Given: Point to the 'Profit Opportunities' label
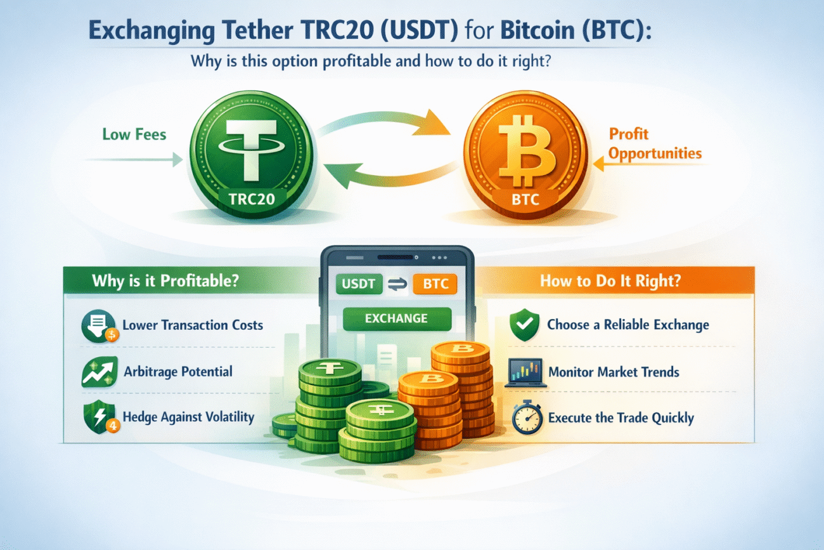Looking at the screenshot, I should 655,144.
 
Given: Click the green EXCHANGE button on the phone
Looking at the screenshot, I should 396,318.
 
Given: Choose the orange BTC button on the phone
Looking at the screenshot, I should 434,284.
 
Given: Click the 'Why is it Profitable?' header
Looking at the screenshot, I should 165,280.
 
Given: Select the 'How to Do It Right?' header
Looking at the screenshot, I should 610,280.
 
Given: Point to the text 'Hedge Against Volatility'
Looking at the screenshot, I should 188,417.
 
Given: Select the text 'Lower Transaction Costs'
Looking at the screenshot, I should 192,325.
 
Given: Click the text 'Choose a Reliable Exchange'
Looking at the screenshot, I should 628,325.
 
